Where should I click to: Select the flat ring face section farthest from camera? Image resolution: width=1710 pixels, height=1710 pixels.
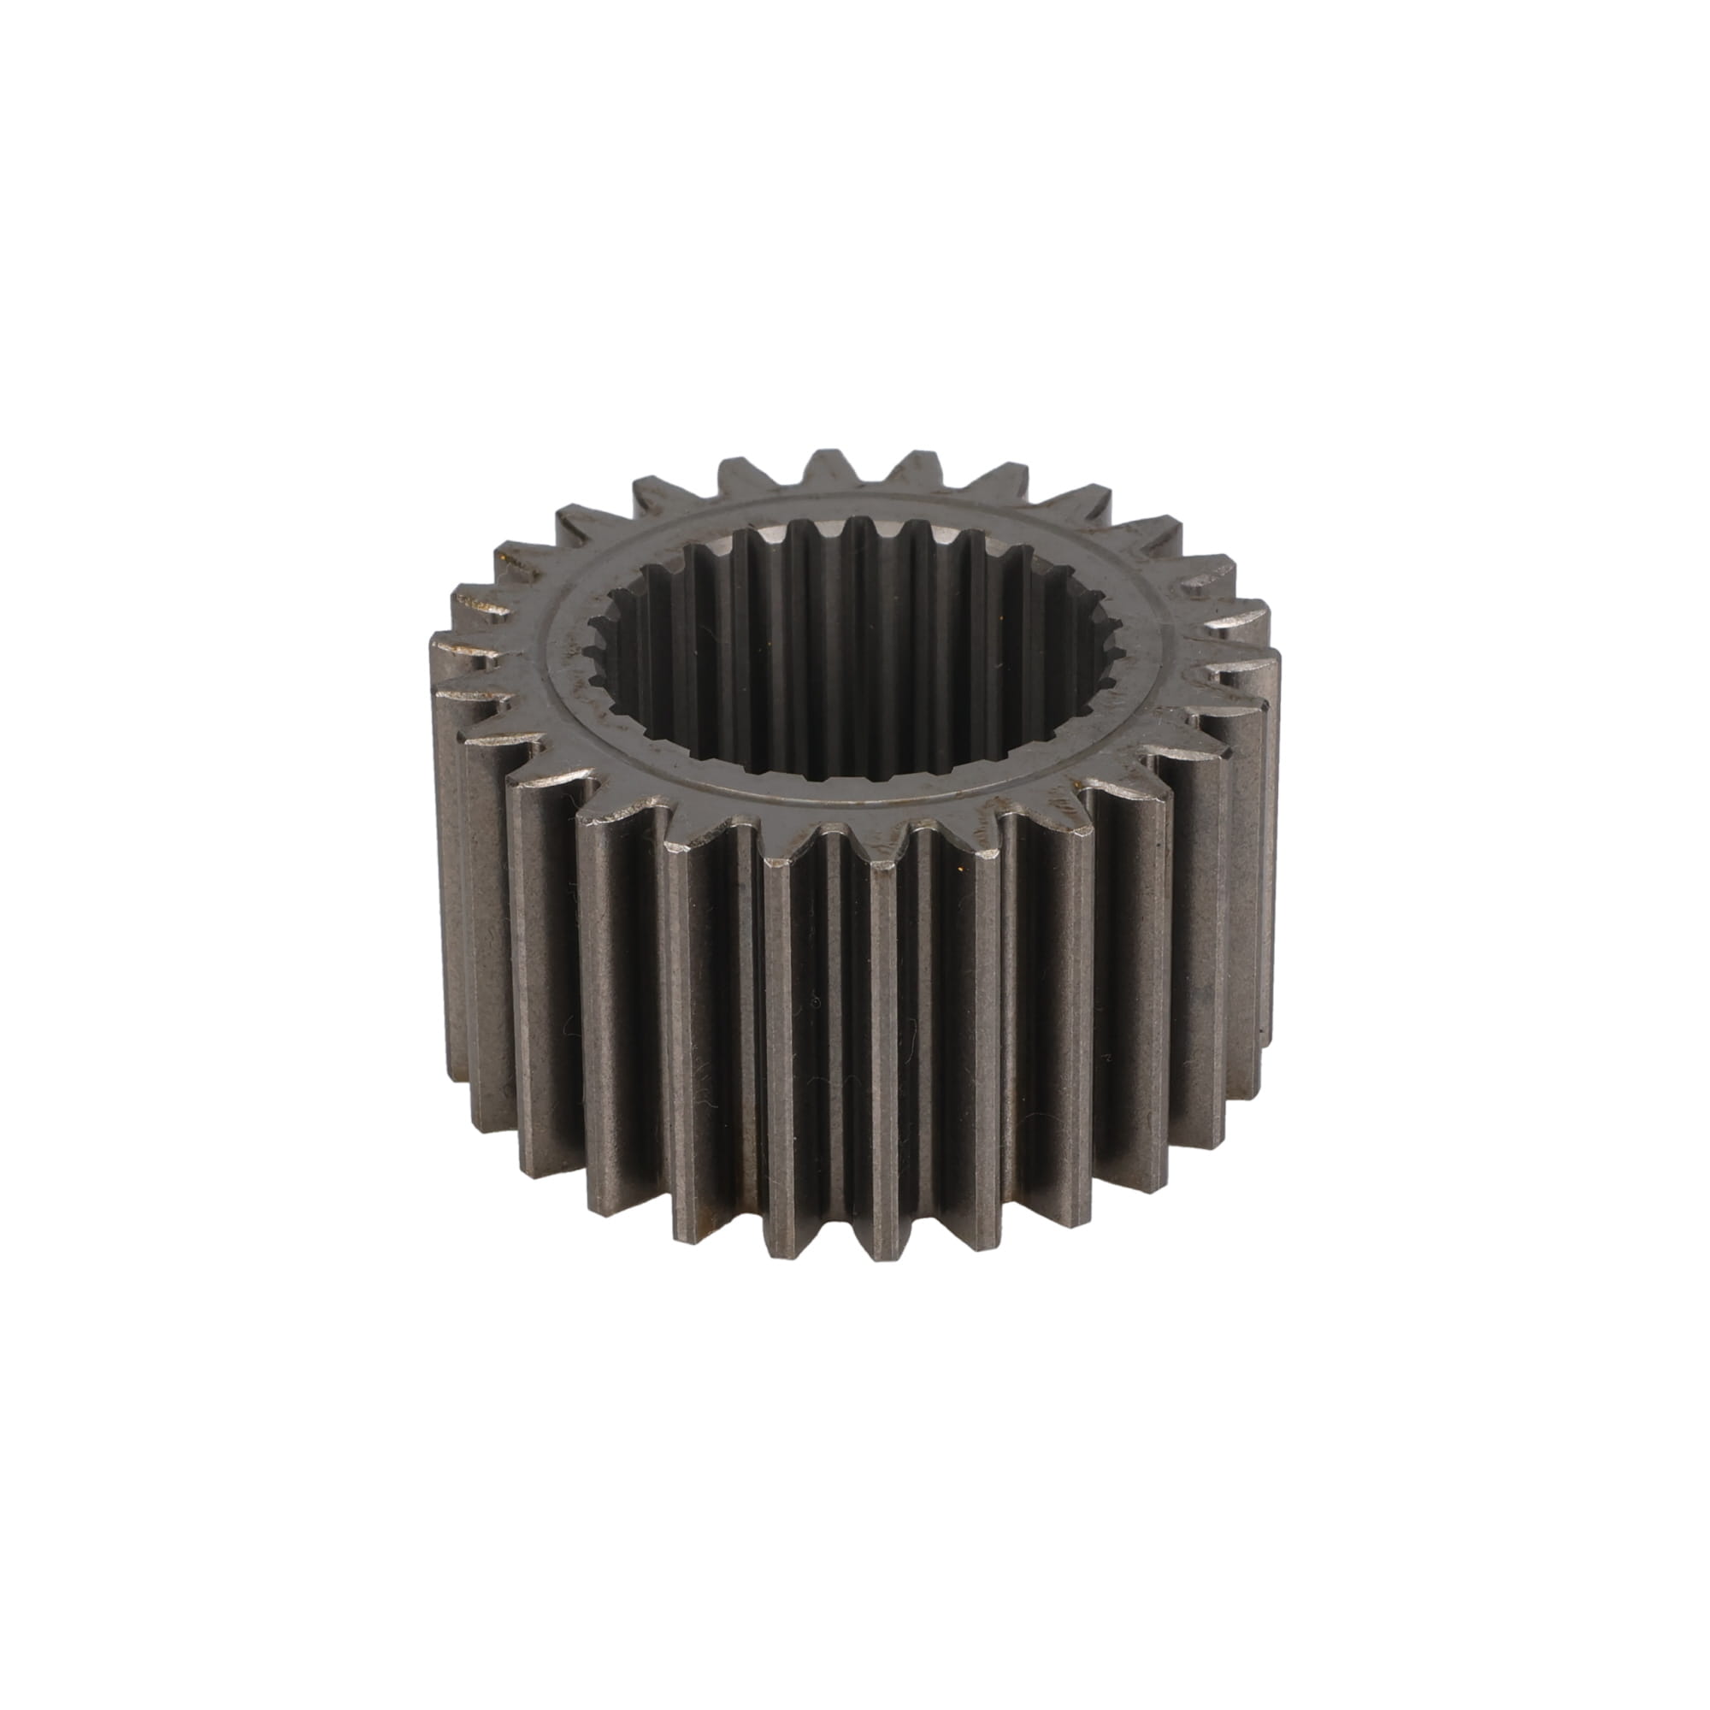coord(850,504)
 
